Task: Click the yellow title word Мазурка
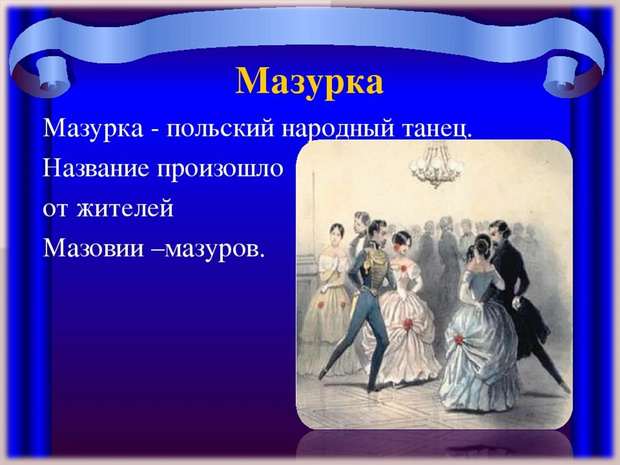[x=309, y=81]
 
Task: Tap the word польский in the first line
[x=220, y=128]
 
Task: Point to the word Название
[x=96, y=168]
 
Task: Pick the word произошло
[x=220, y=169]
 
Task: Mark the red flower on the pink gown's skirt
[x=408, y=323]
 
